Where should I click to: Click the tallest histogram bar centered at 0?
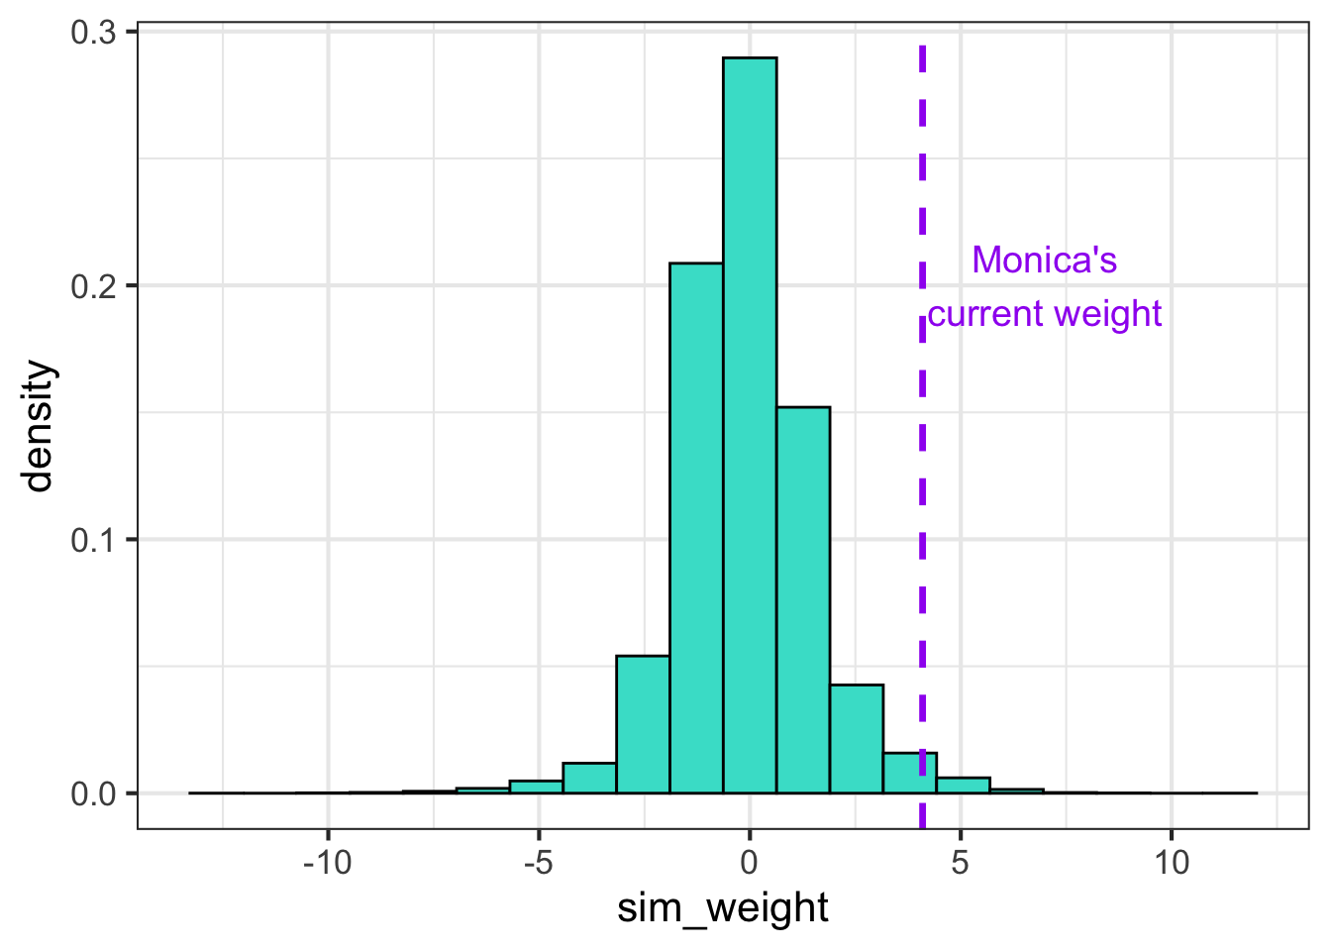coord(750,425)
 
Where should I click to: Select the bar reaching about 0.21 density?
coord(696,528)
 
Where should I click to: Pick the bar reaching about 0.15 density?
coord(803,600)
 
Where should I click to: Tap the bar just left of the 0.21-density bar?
coord(643,724)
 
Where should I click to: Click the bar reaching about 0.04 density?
coord(857,739)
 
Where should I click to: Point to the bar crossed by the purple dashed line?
coord(910,773)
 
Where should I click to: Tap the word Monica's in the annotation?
coord(1045,261)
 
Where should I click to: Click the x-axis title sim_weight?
coord(723,908)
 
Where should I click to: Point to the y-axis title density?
coord(38,426)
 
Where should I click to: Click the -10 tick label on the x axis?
coord(328,863)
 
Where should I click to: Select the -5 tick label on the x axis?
coord(539,863)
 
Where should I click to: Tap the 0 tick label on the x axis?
coord(750,863)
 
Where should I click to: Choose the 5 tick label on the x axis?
coord(961,863)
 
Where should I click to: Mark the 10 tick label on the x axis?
coord(1172,863)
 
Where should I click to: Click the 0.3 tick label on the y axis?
coord(93,32)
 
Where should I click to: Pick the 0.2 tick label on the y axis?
coord(93,286)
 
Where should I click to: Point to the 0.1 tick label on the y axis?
coord(93,540)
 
